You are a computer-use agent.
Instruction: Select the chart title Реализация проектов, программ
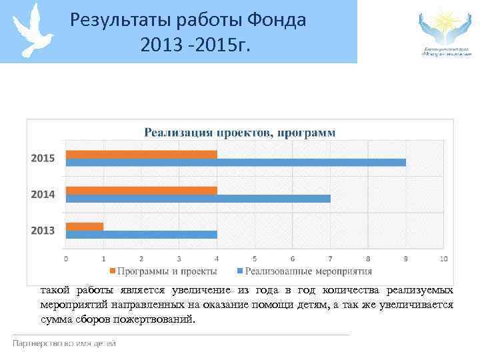[240, 132]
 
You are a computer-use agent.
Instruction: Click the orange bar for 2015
[141, 155]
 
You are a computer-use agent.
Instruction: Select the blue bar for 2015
[235, 163]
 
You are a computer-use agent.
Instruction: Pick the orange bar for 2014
[141, 190]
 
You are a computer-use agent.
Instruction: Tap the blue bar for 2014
[198, 199]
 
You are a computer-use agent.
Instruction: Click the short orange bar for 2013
[85, 226]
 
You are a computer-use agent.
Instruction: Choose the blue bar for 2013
[141, 234]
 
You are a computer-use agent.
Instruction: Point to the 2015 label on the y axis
[43, 159]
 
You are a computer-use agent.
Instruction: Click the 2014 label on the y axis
[43, 195]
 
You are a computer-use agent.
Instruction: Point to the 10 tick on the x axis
[443, 259]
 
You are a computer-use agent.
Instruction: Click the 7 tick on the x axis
[330, 259]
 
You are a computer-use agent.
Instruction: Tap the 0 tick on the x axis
[65, 259]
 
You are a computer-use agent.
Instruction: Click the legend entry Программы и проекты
[166, 271]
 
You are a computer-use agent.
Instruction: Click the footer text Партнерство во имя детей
[64, 343]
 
